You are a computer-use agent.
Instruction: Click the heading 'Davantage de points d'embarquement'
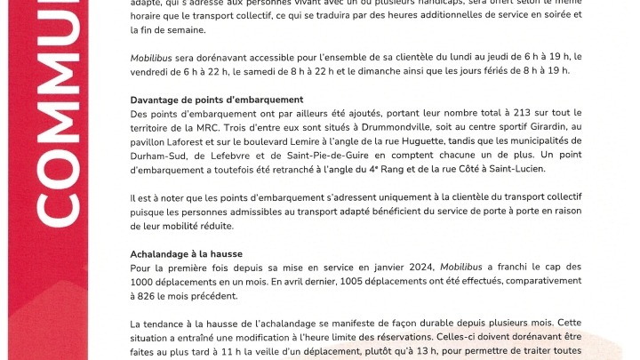(217, 100)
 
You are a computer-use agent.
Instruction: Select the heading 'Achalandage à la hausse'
(186, 253)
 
